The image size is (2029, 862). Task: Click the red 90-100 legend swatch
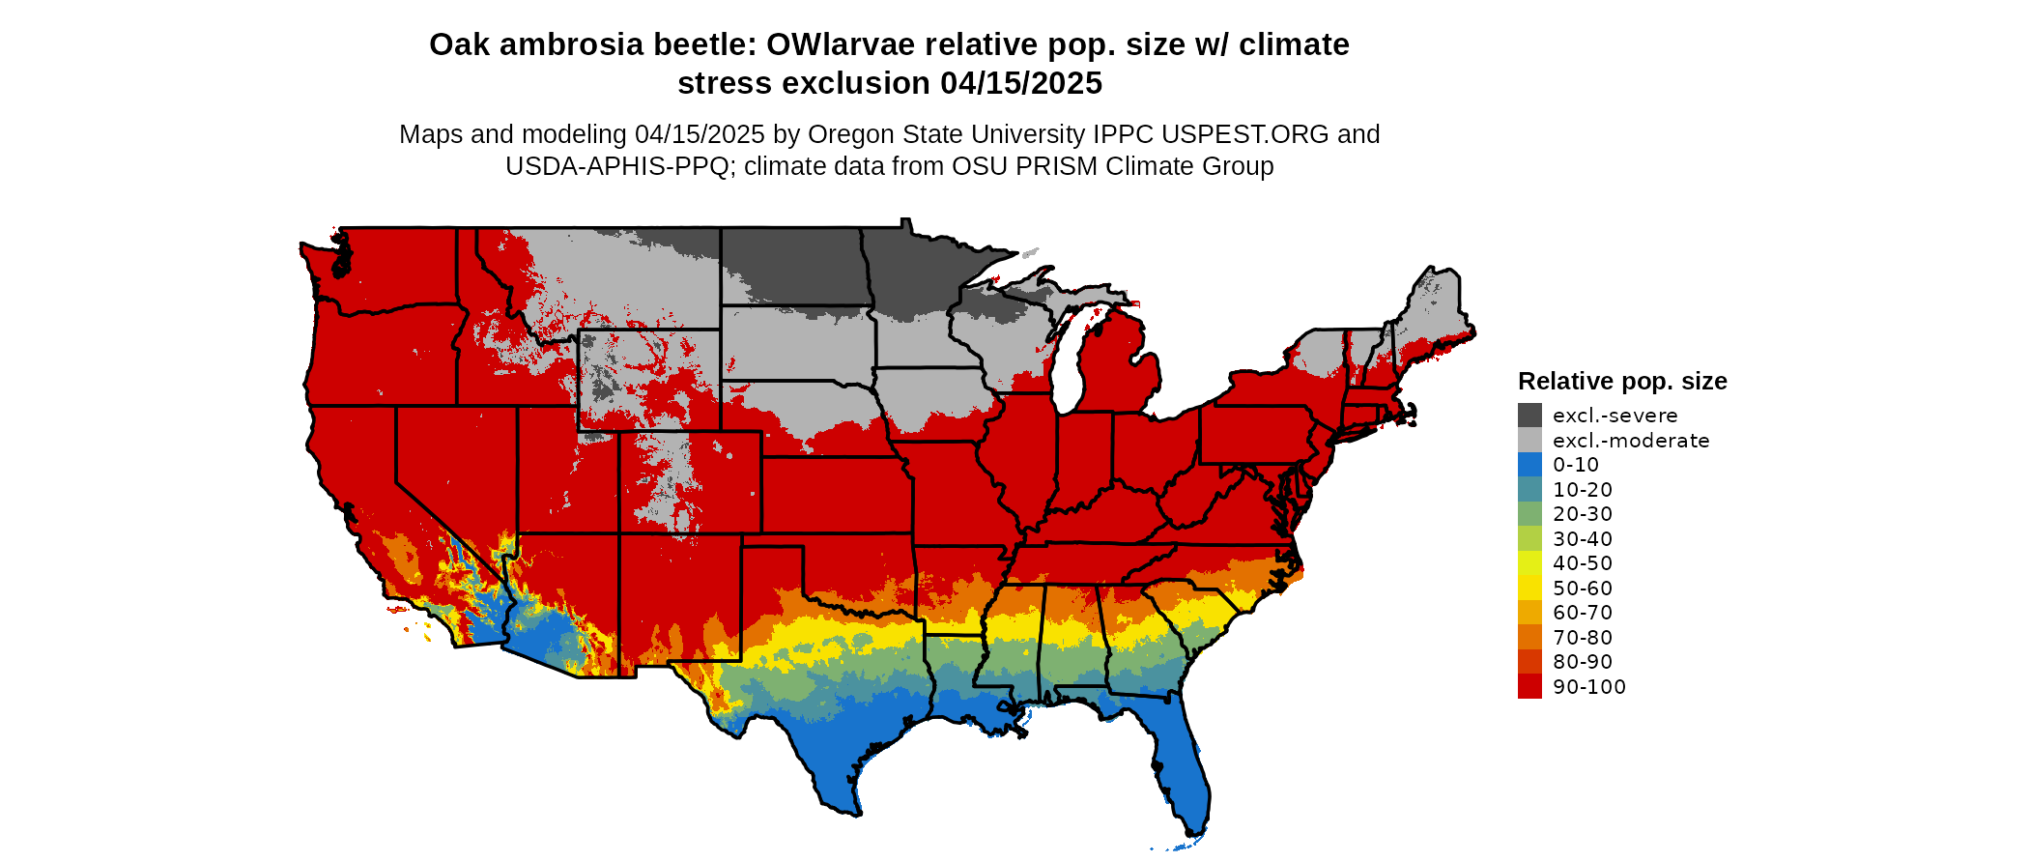coord(1529,687)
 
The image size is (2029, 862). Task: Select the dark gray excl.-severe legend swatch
coord(1529,416)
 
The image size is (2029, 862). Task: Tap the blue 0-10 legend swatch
coord(1529,465)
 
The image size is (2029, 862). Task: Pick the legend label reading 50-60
coord(1583,589)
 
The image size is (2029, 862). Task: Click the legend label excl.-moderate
coord(1631,441)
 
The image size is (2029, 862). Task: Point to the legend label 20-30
coord(1583,514)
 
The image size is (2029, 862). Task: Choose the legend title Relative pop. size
coord(1622,381)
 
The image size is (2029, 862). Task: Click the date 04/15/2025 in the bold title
coord(1021,84)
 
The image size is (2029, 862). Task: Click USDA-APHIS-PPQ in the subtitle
coord(617,166)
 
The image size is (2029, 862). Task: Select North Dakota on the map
coord(792,266)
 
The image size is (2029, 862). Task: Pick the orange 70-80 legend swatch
coord(1529,638)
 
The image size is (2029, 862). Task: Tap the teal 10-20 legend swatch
coord(1529,490)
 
